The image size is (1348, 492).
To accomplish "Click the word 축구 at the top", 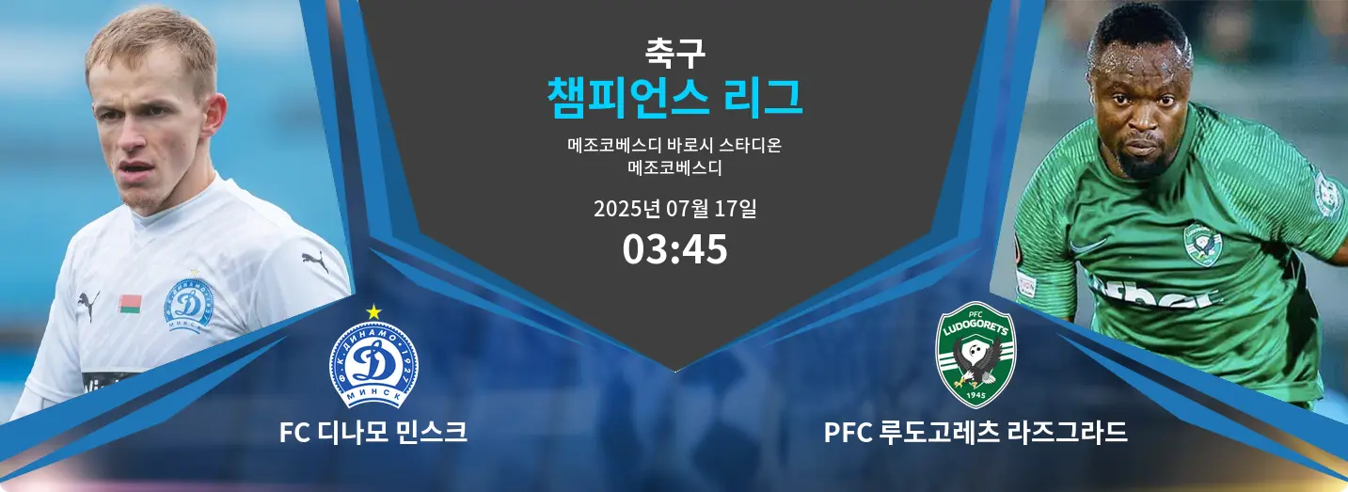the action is coord(674,53).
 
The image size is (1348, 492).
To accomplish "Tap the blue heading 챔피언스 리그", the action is coord(674,98).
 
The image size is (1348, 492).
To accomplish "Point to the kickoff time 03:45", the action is coord(674,249).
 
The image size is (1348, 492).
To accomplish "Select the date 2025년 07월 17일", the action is coord(674,208).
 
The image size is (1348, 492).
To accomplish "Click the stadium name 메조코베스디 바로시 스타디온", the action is coord(674,145).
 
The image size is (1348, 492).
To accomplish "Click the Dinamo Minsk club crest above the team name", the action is coord(373,364).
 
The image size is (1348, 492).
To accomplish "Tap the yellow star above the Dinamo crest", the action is coord(373,312).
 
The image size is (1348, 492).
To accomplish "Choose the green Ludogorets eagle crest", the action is coord(975,355).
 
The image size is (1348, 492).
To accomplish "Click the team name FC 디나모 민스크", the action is coord(373,432).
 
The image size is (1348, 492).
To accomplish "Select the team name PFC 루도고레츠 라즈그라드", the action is coord(975,432).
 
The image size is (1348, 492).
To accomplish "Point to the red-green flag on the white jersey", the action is coord(130,304).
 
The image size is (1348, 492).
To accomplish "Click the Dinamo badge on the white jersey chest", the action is coord(191,306).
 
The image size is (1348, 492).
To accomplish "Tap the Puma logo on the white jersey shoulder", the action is coord(315,261).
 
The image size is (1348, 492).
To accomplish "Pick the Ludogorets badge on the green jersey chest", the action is coord(1202,245).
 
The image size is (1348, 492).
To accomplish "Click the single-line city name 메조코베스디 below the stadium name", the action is coord(674,167).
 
